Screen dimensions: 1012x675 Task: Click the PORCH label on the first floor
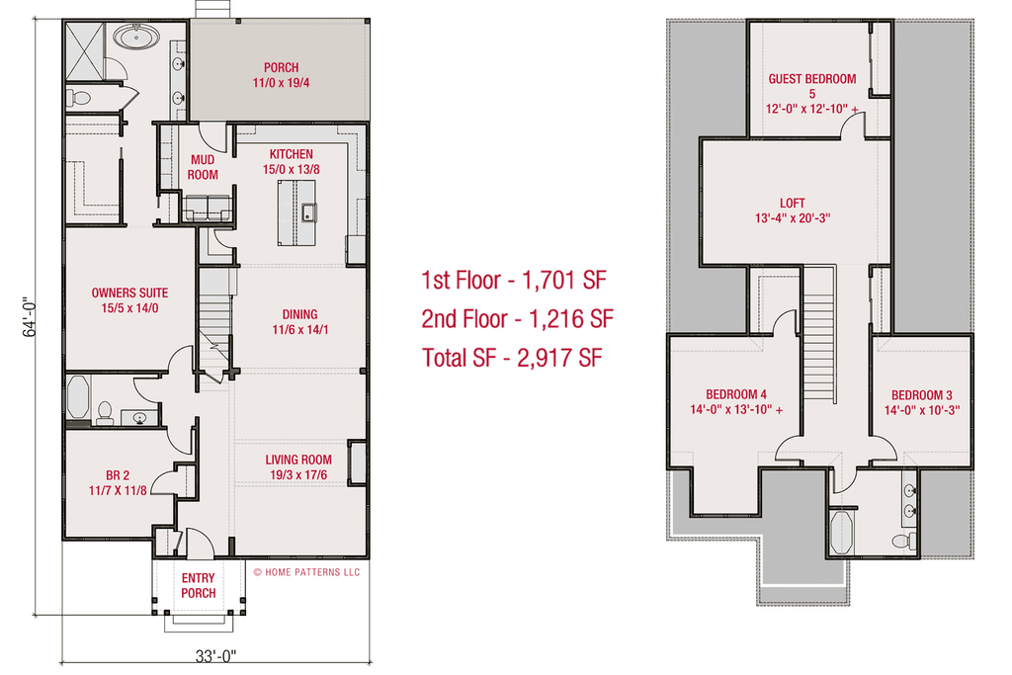[x=281, y=67]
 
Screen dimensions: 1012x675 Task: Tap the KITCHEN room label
[x=292, y=154]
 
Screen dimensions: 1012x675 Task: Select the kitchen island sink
[x=308, y=212]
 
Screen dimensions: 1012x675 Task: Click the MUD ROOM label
[x=203, y=167]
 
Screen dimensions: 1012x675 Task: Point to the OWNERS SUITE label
[x=129, y=293]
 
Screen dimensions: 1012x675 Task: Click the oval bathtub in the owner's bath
[x=136, y=37]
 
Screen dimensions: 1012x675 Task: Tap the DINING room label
[x=299, y=314]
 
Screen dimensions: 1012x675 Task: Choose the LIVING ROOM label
[x=298, y=460]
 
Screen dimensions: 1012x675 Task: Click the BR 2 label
[x=118, y=475]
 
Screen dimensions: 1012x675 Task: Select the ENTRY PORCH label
[x=198, y=585]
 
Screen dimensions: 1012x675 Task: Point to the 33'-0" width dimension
[x=215, y=656]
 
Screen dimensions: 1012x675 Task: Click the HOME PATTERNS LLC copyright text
[x=306, y=572]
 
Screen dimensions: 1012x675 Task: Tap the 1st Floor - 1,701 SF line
[x=514, y=280]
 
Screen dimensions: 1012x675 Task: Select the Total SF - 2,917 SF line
[x=512, y=357]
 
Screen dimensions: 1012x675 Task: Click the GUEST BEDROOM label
[x=812, y=79]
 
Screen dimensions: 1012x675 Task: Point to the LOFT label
[x=792, y=204]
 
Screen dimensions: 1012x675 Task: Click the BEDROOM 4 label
[x=735, y=394]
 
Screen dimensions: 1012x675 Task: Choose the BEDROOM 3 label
[x=922, y=395]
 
